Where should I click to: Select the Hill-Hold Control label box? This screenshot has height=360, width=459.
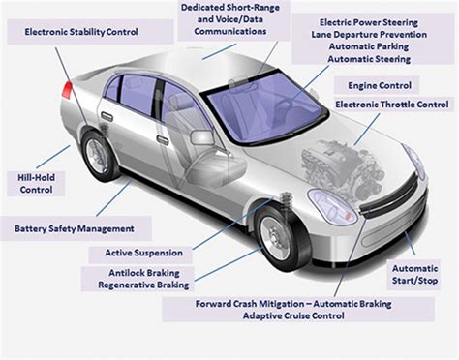tap(36, 183)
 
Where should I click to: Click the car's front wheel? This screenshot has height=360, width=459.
tap(279, 242)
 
